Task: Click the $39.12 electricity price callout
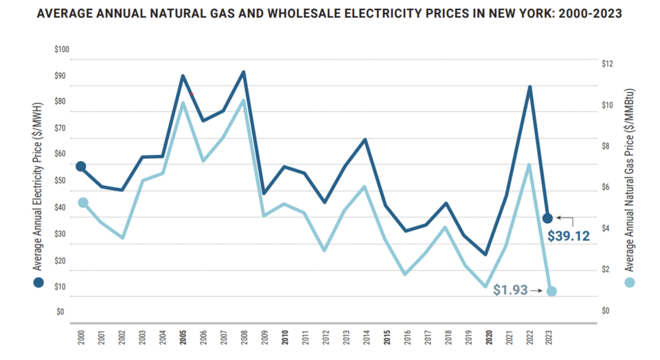pyautogui.click(x=568, y=236)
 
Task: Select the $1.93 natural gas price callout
pyautogui.click(x=510, y=290)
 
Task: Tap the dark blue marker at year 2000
pyautogui.click(x=81, y=166)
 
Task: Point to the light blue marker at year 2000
pyautogui.click(x=83, y=203)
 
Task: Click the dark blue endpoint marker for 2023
pyautogui.click(x=547, y=218)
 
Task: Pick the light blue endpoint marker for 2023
pyautogui.click(x=551, y=292)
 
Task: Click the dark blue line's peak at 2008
pyautogui.click(x=244, y=72)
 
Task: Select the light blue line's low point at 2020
pyautogui.click(x=486, y=287)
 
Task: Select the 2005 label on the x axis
pyautogui.click(x=182, y=337)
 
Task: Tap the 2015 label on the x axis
pyautogui.click(x=387, y=337)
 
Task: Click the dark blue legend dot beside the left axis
pyautogui.click(x=38, y=282)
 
